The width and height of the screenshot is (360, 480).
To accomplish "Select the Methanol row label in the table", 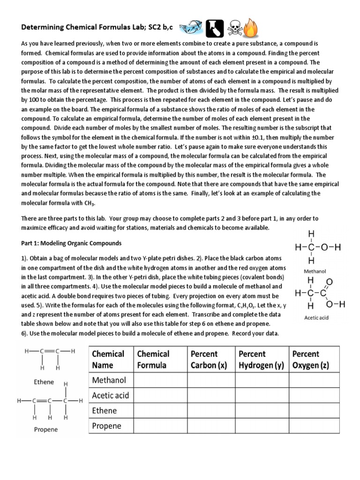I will tap(106, 379).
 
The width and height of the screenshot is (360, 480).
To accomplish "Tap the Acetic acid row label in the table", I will tap(111, 395).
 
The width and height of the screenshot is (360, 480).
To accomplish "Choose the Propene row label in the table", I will tap(106, 426).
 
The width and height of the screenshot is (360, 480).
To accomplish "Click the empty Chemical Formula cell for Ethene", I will tap(160, 411).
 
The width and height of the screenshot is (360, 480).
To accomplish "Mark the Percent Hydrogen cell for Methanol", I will tap(261, 379).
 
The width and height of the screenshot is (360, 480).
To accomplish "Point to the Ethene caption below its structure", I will tap(44, 382).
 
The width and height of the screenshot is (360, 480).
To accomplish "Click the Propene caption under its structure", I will tap(46, 429).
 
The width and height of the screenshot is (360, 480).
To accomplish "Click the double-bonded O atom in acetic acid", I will tap(329, 282).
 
